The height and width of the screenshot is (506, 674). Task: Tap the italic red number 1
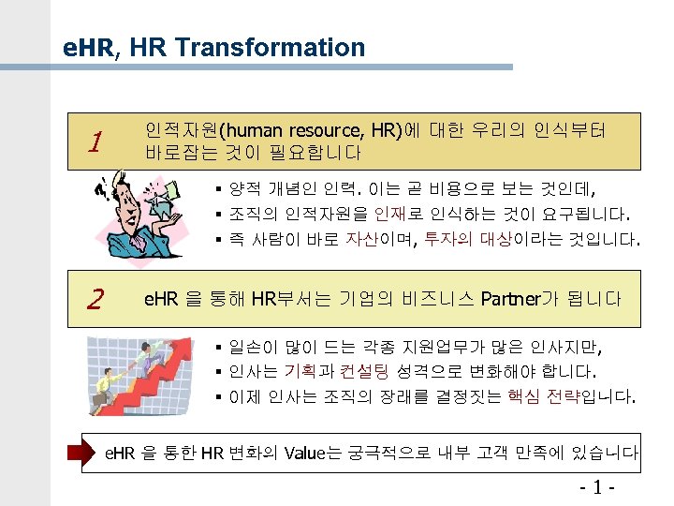(x=93, y=143)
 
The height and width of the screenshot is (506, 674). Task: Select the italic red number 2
(x=93, y=299)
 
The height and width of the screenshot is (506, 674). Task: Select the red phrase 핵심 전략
(x=542, y=397)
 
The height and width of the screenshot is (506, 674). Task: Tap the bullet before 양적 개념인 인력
(x=217, y=186)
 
